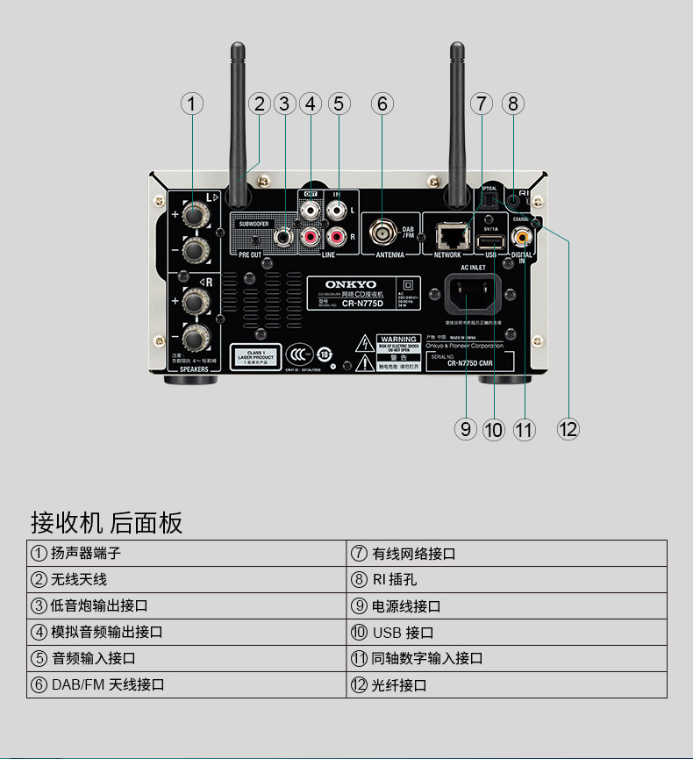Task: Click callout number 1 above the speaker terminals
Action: pos(192,104)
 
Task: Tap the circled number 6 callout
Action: pos(381,104)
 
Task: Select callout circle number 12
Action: pos(568,429)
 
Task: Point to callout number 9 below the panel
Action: pos(466,429)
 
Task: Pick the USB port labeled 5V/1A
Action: pos(491,240)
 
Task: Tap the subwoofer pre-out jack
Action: pos(284,235)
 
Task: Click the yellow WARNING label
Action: pos(397,339)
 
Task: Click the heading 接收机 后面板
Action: pos(107,523)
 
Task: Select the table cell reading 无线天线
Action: pos(79,579)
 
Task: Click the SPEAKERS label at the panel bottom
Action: pos(194,370)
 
